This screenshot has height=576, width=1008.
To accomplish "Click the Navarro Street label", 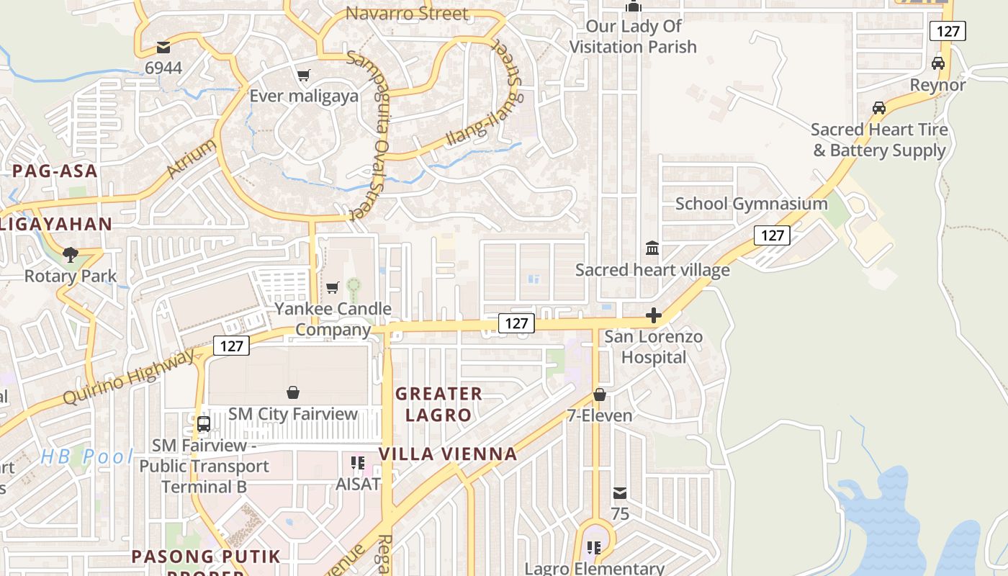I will click(407, 14).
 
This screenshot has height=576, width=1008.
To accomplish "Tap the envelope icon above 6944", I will click(163, 48).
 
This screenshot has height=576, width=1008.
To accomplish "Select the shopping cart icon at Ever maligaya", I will click(304, 75).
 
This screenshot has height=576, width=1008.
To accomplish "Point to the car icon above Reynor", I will click(937, 63).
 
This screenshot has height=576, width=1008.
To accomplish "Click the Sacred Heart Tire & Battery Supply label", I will click(879, 140).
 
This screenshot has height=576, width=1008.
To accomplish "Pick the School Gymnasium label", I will click(751, 204).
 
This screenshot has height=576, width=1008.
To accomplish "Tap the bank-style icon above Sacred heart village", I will click(652, 248).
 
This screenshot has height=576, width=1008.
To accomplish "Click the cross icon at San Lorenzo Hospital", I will click(654, 315).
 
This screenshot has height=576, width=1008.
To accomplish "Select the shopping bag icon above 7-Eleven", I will click(600, 395).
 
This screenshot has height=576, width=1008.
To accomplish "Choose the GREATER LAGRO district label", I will click(438, 404).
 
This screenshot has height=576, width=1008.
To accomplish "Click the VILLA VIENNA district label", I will click(448, 454).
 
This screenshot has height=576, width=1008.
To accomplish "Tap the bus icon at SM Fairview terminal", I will click(204, 423).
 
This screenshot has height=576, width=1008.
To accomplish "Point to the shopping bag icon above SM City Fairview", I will click(293, 392).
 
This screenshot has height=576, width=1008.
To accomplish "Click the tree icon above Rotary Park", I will click(71, 254).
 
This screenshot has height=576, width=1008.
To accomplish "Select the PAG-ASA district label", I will click(55, 171).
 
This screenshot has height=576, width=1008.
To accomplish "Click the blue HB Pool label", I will click(86, 456).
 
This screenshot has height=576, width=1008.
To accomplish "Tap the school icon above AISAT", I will click(358, 462).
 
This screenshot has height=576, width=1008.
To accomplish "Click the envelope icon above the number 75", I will click(620, 493).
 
